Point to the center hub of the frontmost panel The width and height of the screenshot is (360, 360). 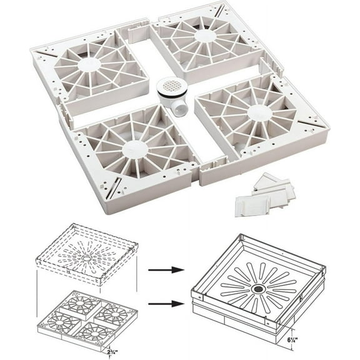(x=135, y=149)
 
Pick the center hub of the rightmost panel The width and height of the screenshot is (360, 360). (x=259, y=112)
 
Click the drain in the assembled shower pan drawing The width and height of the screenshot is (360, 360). (x=257, y=289)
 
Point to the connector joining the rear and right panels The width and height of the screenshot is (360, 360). (x=267, y=61)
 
